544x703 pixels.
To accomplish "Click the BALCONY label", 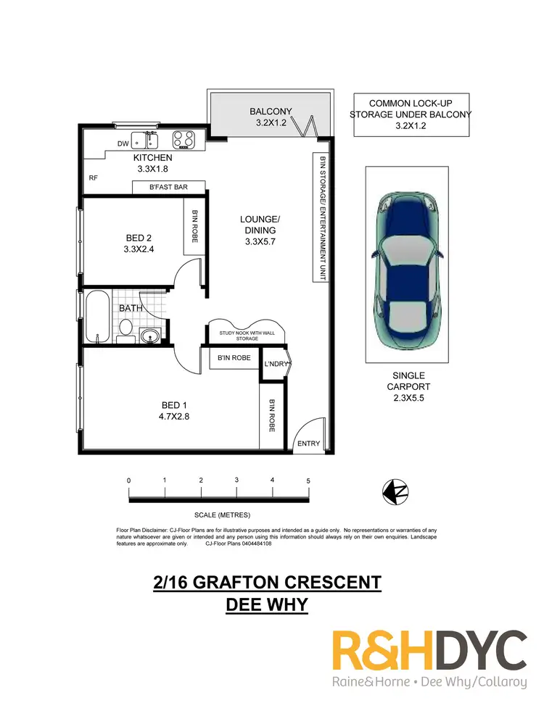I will coord(270,112).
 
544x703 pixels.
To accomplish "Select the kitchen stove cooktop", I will coord(183,138).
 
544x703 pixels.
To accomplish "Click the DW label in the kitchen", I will coord(122,143).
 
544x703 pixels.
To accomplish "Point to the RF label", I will coord(93,177).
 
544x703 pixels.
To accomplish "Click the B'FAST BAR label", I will coord(168,188).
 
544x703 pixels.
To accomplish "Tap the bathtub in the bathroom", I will coord(97,317).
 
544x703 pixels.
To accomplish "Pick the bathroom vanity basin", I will coord(149,335).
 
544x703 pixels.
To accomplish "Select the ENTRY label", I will coord(308,444).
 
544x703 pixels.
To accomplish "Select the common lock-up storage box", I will coord(411,115).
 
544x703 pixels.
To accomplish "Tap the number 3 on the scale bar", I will coord(236,481).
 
